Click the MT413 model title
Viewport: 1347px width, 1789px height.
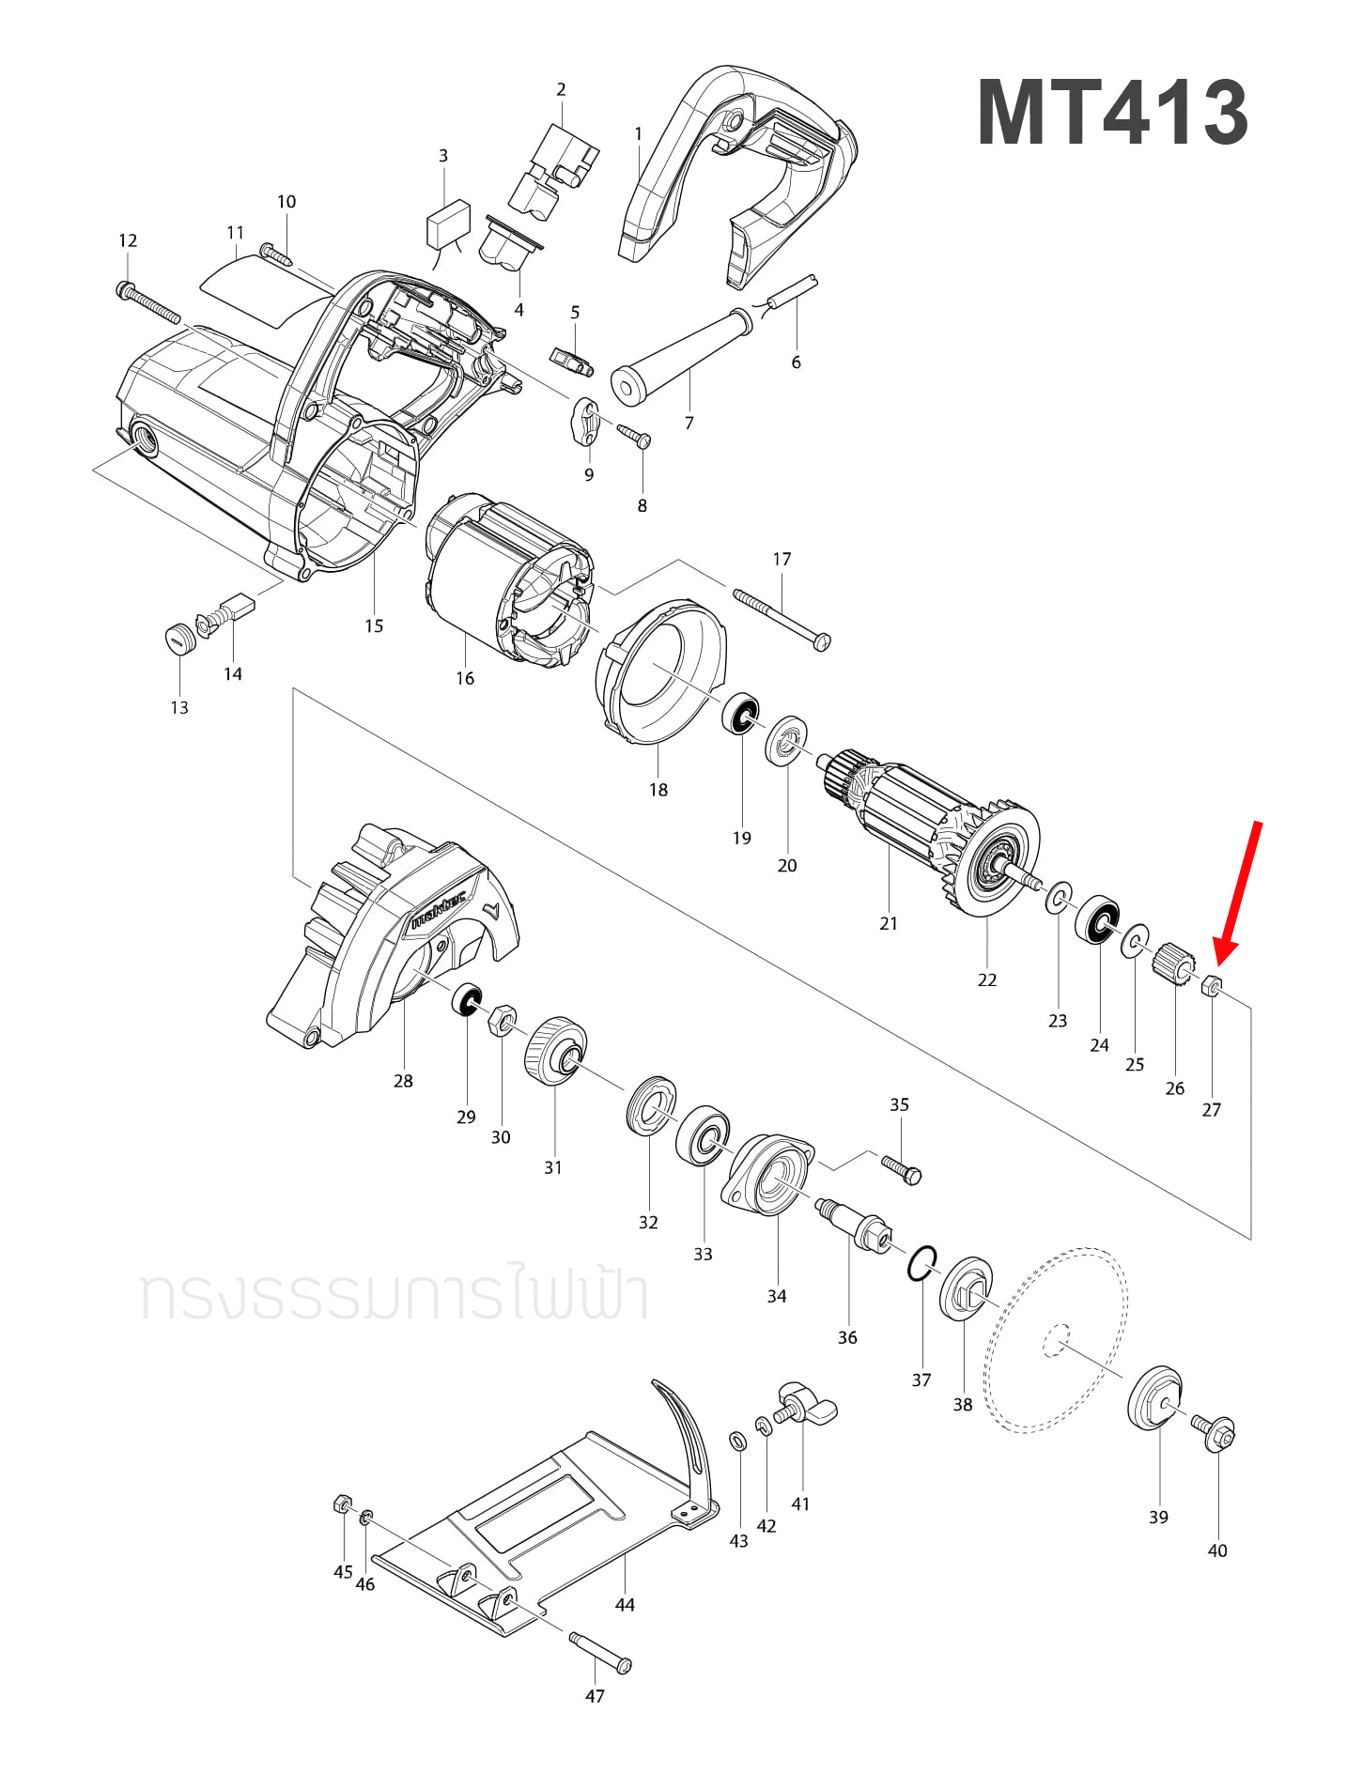tap(1112, 113)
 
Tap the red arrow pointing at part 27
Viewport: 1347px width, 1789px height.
tap(1239, 892)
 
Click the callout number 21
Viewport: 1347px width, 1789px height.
tap(889, 924)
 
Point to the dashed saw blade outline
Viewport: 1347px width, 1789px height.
tap(1057, 1340)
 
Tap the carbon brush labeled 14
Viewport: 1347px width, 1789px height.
tap(236, 606)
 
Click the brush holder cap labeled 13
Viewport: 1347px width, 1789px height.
tap(178, 639)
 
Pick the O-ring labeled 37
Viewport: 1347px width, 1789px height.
tap(922, 1263)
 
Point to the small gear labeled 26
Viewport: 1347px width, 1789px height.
tap(1173, 963)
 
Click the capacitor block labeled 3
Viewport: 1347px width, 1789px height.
tap(447, 223)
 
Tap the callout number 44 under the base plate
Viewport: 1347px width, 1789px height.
tap(625, 1605)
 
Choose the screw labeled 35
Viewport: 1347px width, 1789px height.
tap(902, 1169)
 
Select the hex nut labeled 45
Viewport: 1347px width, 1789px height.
tap(343, 1504)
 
